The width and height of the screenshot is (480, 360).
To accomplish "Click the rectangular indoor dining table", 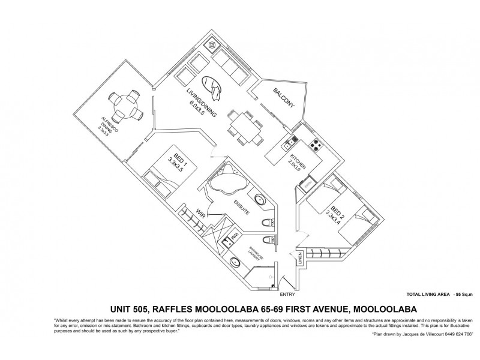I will (244, 129).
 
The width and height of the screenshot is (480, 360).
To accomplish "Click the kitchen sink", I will (289, 143).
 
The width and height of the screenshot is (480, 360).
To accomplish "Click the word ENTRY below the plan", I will (287, 295).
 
